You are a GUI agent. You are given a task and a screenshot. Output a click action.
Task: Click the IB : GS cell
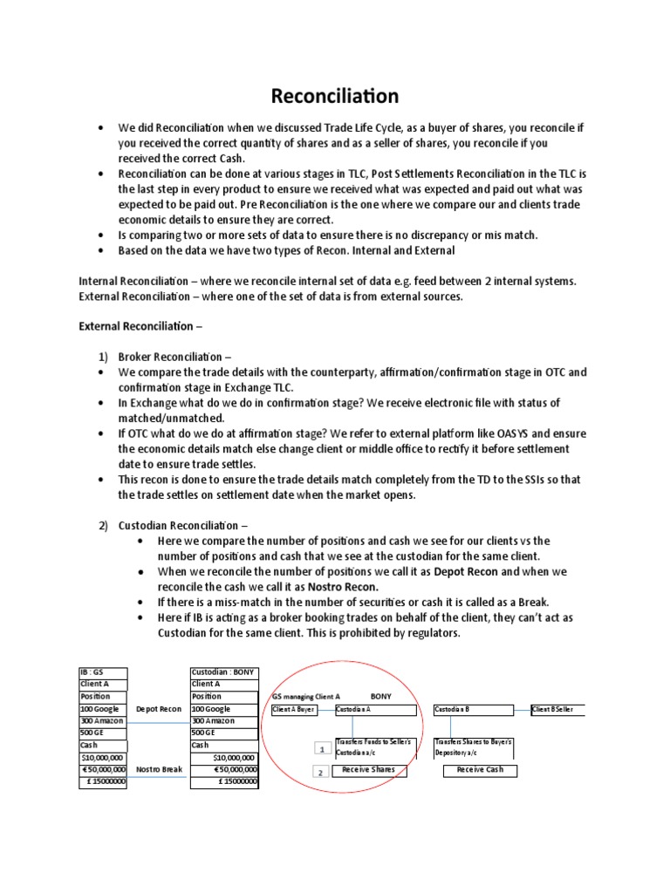click(x=103, y=672)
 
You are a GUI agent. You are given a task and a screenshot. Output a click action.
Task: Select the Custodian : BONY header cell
click(x=224, y=672)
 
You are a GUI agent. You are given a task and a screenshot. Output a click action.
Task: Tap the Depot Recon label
click(x=159, y=709)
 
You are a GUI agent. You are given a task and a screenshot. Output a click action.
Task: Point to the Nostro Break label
click(x=159, y=770)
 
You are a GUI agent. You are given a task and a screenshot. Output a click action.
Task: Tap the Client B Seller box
click(x=557, y=710)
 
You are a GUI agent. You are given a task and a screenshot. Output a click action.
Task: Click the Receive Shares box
click(x=368, y=770)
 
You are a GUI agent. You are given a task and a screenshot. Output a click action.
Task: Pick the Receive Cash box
click(x=480, y=770)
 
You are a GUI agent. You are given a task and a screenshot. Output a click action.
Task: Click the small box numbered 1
click(x=320, y=748)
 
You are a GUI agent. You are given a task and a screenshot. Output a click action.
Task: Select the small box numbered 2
click(x=320, y=773)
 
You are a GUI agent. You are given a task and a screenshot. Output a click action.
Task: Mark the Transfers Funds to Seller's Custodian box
click(x=376, y=746)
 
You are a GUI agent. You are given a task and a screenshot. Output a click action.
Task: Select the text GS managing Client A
click(x=306, y=697)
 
